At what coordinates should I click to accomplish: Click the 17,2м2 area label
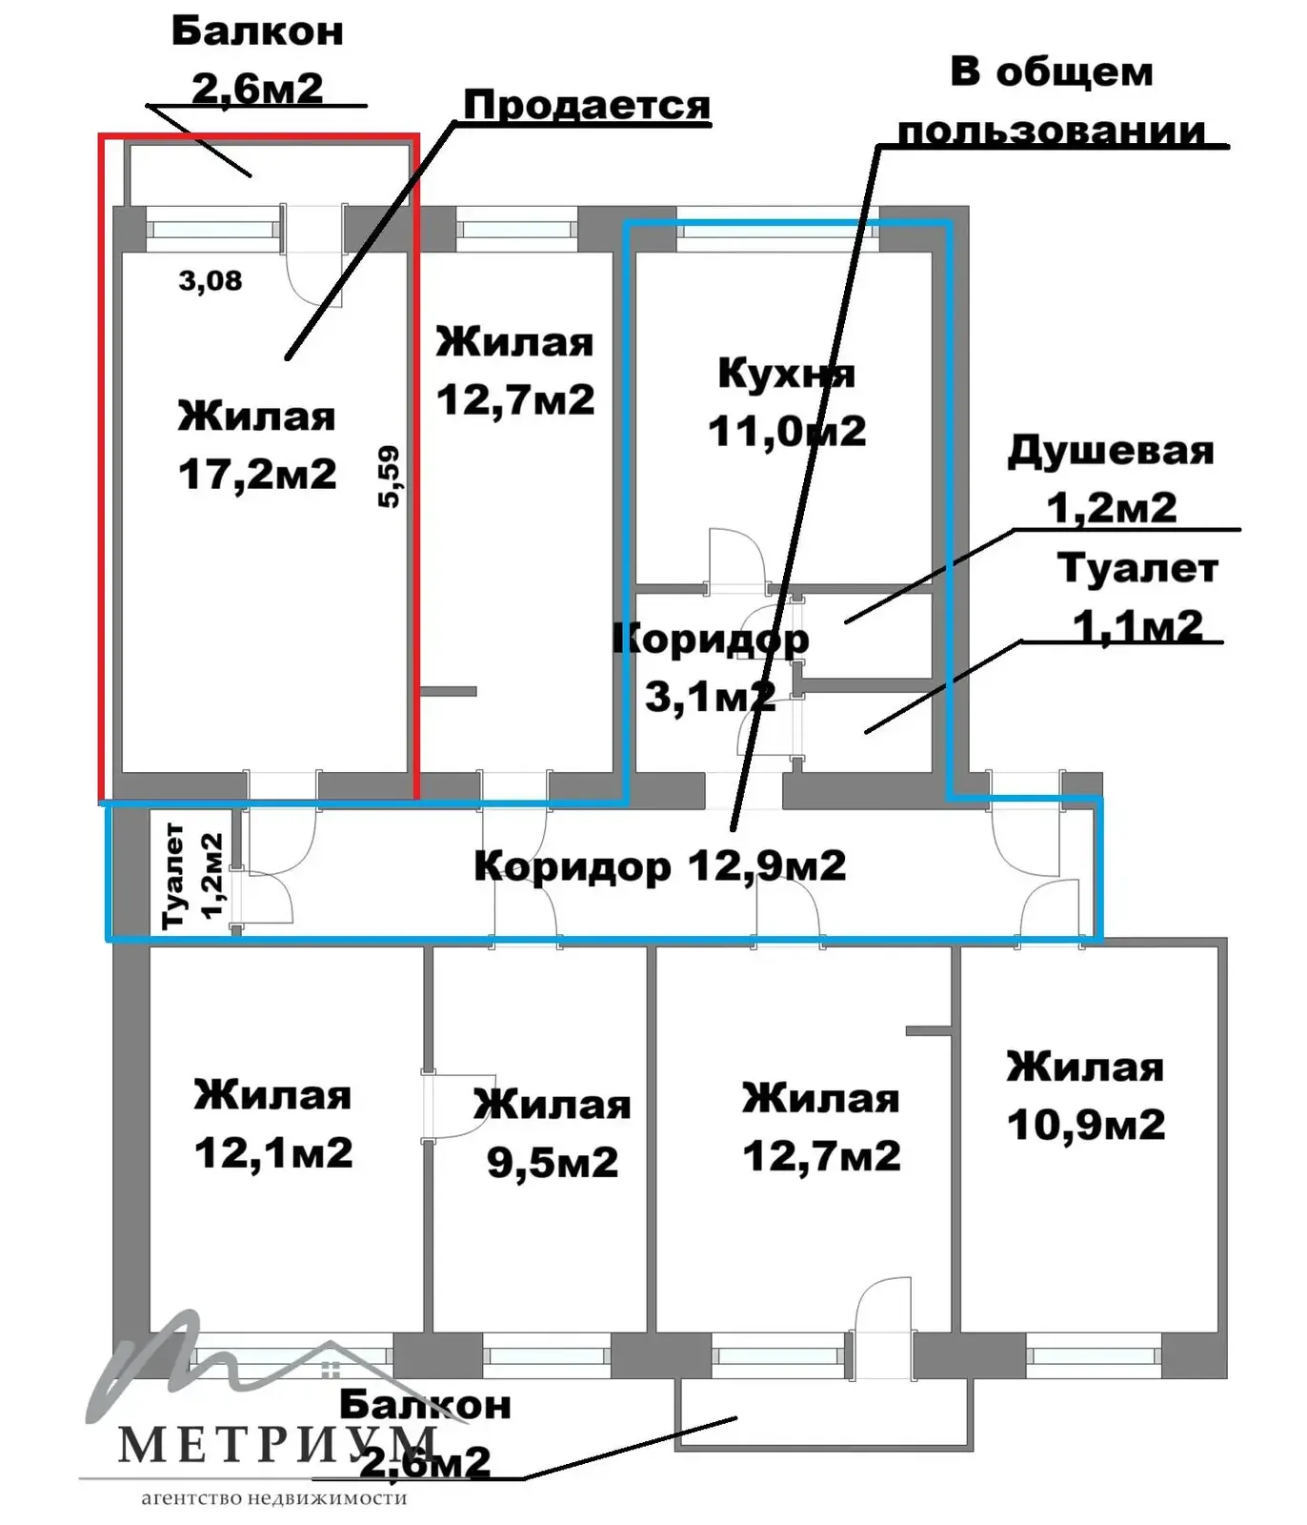(257, 474)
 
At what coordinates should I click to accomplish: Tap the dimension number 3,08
(211, 280)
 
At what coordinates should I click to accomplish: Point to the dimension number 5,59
(389, 477)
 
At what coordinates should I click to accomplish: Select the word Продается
(587, 105)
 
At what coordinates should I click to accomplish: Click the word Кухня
(786, 373)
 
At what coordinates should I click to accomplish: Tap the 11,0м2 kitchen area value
(787, 431)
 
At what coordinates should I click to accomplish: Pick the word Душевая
(1111, 451)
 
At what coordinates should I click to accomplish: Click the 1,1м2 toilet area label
(1137, 626)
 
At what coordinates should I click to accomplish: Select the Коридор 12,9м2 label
(659, 866)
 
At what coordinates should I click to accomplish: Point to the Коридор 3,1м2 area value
(710, 697)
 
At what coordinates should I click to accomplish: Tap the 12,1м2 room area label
(273, 1152)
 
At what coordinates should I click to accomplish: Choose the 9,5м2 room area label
(553, 1162)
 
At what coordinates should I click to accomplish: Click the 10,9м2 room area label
(1086, 1125)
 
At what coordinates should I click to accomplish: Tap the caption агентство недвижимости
(274, 1498)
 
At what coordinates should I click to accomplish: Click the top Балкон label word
(257, 31)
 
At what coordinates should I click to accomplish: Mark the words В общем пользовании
(1052, 101)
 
